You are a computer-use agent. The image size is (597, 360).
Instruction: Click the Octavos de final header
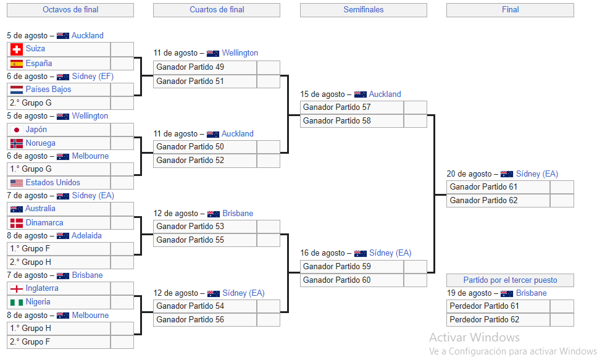[70, 10]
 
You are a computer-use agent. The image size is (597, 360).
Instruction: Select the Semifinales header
[363, 10]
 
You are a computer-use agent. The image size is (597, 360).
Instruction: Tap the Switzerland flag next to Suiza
[17, 49]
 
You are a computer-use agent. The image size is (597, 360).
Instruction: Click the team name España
[39, 63]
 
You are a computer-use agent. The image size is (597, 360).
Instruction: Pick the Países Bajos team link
[48, 89]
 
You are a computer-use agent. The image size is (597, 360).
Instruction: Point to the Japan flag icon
[17, 130]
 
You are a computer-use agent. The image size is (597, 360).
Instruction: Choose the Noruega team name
[40, 143]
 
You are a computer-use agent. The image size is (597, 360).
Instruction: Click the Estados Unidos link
[53, 183]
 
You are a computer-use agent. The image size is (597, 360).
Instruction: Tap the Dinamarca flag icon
[17, 223]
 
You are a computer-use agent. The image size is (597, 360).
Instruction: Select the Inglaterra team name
[42, 288]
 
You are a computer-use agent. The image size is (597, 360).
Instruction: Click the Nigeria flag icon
[17, 302]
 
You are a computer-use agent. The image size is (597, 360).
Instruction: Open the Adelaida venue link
[86, 235]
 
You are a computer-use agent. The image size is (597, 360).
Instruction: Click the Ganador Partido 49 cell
[205, 67]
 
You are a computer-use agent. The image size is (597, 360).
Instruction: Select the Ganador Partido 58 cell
[352, 121]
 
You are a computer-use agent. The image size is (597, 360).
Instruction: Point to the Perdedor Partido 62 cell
[498, 320]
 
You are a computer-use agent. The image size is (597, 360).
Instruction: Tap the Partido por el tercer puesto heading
[510, 280]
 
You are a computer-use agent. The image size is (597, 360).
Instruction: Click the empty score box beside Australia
[122, 209]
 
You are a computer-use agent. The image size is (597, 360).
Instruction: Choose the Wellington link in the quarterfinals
[240, 53]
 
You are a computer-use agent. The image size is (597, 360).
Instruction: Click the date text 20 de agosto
[469, 174]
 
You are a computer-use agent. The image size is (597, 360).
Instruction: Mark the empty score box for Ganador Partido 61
[562, 187]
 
